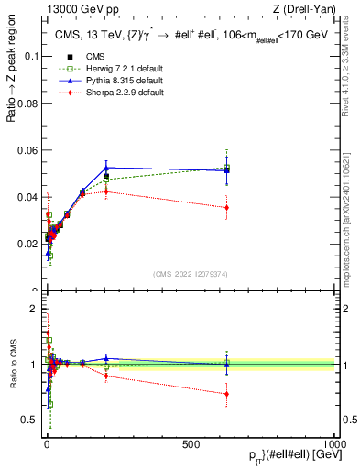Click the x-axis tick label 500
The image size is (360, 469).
[191, 444]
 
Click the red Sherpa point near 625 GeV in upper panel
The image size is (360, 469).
[226, 208]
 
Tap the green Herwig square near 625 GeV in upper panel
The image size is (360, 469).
[226, 168]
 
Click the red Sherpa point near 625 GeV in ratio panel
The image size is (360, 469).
[226, 394]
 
